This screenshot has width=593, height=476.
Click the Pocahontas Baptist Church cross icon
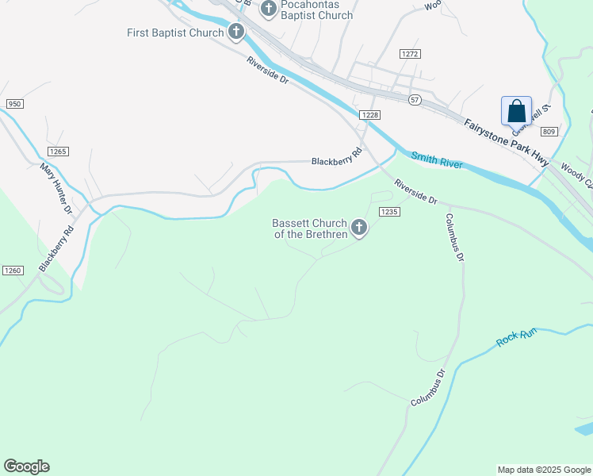(268, 9)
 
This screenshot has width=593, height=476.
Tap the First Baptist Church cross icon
(236, 33)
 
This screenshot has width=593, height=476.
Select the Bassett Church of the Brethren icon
(359, 229)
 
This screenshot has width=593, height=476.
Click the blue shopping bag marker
(516, 110)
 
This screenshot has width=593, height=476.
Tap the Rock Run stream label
(516, 337)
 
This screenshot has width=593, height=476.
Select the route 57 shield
(415, 99)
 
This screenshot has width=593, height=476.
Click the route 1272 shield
(409, 54)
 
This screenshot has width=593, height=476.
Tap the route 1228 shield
(370, 115)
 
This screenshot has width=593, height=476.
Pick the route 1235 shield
(388, 212)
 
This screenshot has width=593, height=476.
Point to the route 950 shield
(14, 104)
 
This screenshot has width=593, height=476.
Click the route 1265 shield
(58, 151)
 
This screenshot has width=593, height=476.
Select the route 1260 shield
(13, 271)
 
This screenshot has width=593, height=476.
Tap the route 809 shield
(551, 131)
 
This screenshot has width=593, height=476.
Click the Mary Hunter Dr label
(56, 188)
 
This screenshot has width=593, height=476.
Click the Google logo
(26, 466)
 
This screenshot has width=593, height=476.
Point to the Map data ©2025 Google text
(544, 470)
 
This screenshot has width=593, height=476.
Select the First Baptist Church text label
(176, 33)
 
